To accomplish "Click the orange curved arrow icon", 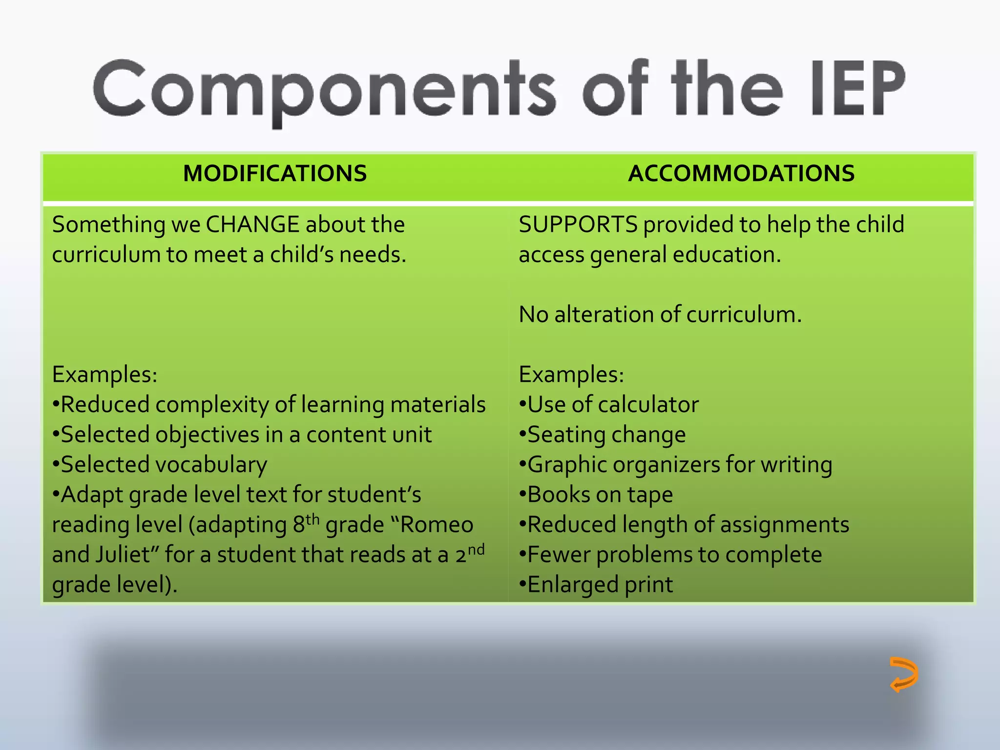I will point(903,674).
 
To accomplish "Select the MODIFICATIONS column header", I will point(275,174).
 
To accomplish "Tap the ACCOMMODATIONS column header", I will point(741,174).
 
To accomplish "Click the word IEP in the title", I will point(857,89).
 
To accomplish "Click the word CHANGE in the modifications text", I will point(252,225).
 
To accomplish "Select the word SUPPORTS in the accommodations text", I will point(578,225).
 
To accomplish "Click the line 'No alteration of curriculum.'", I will point(660,315).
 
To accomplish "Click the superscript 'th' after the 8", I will point(312,519).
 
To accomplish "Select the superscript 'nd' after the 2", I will point(476,549).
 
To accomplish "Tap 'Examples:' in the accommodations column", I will point(571,375).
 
